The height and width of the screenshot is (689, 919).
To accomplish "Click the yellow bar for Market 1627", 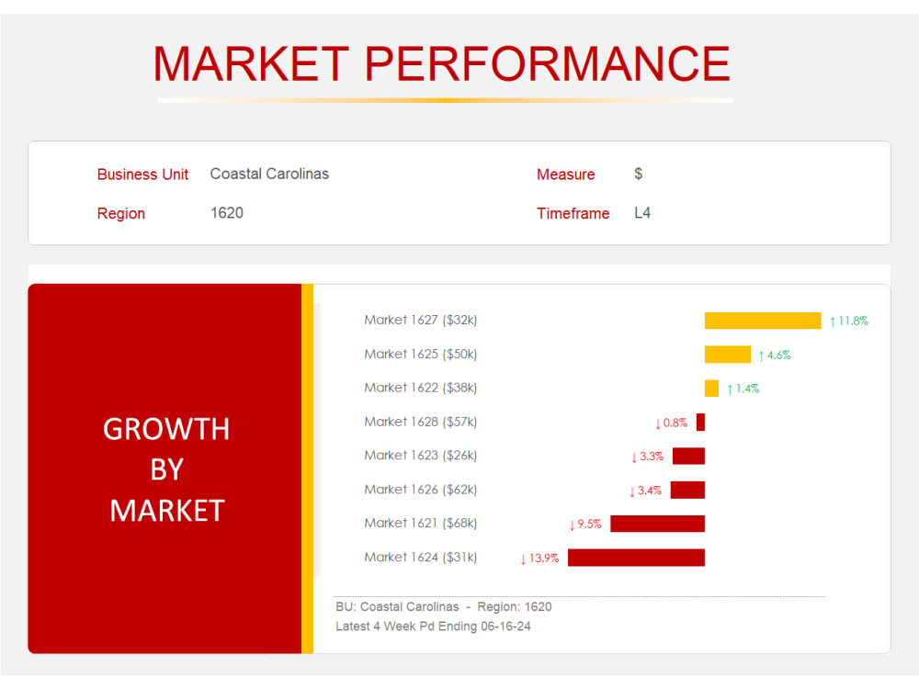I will [x=762, y=321].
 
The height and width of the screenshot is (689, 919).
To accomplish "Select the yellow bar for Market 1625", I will [x=727, y=355].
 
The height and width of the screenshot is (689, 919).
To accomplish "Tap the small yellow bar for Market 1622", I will [x=711, y=389].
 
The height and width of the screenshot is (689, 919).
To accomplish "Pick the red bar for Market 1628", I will [x=700, y=423].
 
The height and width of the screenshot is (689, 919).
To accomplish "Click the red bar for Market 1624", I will [x=636, y=558].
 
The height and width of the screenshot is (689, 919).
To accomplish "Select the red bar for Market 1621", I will [x=657, y=524].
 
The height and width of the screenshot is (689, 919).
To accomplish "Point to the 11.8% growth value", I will [x=853, y=322].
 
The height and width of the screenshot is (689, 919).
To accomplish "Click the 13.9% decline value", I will [x=543, y=558].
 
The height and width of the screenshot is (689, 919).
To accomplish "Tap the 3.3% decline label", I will [x=651, y=457].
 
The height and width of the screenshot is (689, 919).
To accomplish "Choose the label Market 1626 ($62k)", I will [x=420, y=490].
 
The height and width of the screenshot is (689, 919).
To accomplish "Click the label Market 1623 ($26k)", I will [x=420, y=456].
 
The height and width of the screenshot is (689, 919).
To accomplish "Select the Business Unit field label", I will [x=142, y=175].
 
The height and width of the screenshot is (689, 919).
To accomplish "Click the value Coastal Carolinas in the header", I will [x=269, y=174].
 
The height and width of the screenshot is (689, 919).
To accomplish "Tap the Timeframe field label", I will [x=573, y=213].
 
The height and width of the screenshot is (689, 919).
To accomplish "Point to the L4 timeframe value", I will [x=642, y=213].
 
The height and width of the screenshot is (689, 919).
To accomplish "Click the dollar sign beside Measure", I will [x=639, y=174].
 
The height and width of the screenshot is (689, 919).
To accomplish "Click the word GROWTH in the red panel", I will [x=166, y=429].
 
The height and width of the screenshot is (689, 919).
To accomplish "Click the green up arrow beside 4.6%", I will [x=761, y=356].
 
